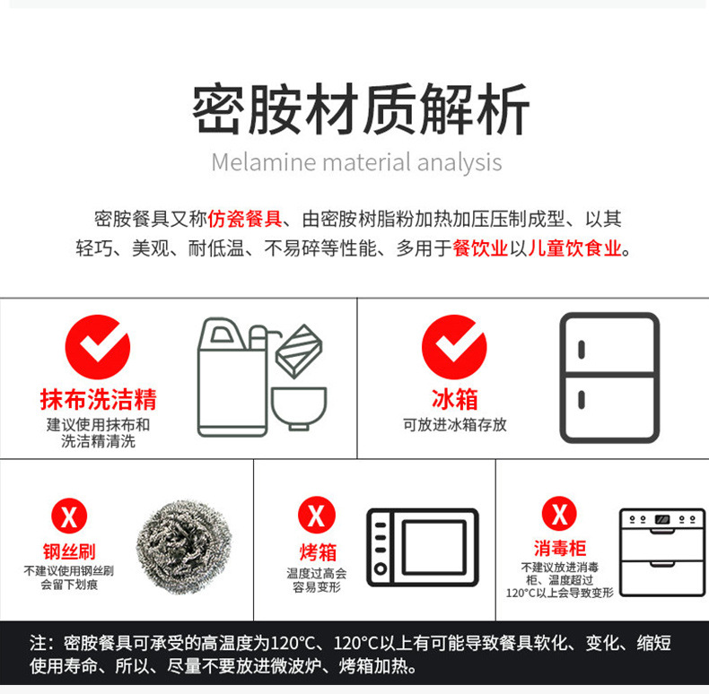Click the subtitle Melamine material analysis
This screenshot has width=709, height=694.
(356, 163)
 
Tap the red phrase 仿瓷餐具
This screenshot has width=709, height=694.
(245, 219)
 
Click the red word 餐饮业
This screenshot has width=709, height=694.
(481, 248)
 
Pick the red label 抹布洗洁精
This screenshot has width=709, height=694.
(99, 400)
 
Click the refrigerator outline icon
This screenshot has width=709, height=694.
(608, 377)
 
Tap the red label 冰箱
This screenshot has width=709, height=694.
(454, 400)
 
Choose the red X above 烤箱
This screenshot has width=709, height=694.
(316, 516)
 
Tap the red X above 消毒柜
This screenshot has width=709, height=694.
(559, 515)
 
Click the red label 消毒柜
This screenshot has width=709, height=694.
(559, 549)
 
